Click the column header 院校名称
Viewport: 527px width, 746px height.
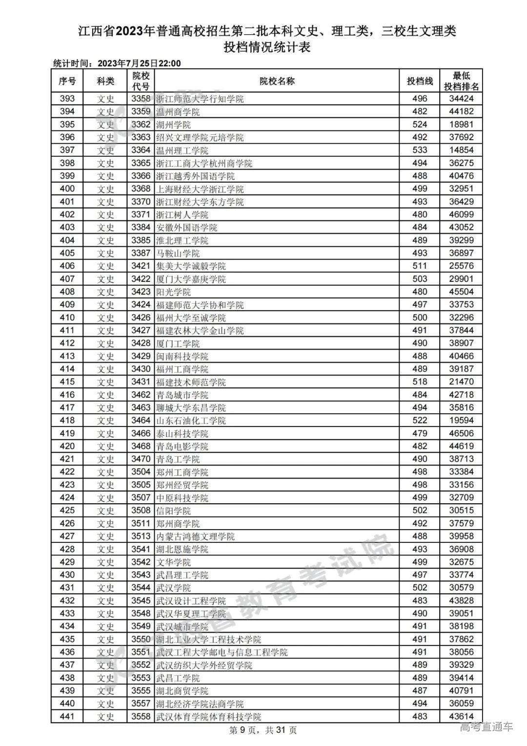coord(277,81)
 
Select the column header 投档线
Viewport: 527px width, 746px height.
coord(420,81)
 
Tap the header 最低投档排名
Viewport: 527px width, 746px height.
coord(461,81)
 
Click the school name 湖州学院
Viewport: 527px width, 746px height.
coord(173,125)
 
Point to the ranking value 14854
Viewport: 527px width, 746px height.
coord(461,150)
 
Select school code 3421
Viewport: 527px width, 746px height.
coord(141,266)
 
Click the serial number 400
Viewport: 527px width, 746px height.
coord(67,189)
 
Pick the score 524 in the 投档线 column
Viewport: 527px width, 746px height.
coord(420,125)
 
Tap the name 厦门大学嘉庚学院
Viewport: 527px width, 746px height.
coord(191,279)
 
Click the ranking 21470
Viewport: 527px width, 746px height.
coord(461,382)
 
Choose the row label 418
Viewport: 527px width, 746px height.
coord(67,420)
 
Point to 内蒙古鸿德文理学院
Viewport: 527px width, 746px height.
coord(195,536)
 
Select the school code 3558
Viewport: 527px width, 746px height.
coord(141,716)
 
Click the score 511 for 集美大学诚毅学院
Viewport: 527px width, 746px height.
coord(420,266)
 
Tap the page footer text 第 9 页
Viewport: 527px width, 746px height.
coord(243,730)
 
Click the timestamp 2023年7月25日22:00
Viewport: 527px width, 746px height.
coord(139,63)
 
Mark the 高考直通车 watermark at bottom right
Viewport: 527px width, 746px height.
coord(486,727)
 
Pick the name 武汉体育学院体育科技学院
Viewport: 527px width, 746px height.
coord(208,716)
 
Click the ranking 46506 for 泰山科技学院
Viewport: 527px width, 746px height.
coord(461,433)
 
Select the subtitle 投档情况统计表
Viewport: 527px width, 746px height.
coord(267,47)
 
